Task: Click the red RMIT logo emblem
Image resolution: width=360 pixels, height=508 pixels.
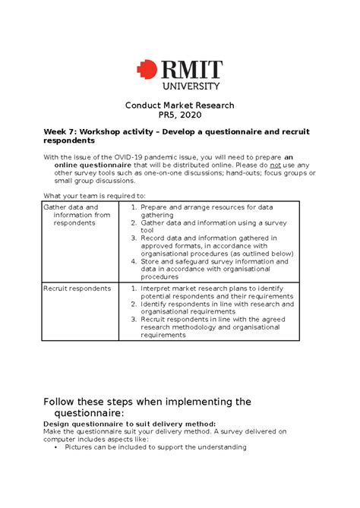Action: coord(146,70)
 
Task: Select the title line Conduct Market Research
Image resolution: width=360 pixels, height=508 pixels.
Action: coord(179,105)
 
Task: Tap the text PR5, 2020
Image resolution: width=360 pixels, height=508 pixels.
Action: coord(180,115)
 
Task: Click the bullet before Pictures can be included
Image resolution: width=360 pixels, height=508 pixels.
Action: coord(56,447)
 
